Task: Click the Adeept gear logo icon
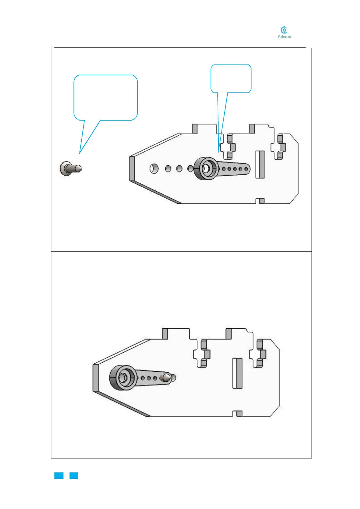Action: (284, 30)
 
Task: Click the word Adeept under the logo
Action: (284, 37)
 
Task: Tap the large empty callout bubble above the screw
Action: (105, 97)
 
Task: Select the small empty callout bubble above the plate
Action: (231, 79)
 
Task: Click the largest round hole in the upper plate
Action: (154, 168)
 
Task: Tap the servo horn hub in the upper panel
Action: (206, 168)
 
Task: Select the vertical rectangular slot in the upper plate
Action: (260, 164)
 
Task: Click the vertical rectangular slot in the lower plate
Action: (237, 373)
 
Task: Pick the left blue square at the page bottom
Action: (59, 475)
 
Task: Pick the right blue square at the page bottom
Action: (74, 475)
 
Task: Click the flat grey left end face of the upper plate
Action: (132, 169)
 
